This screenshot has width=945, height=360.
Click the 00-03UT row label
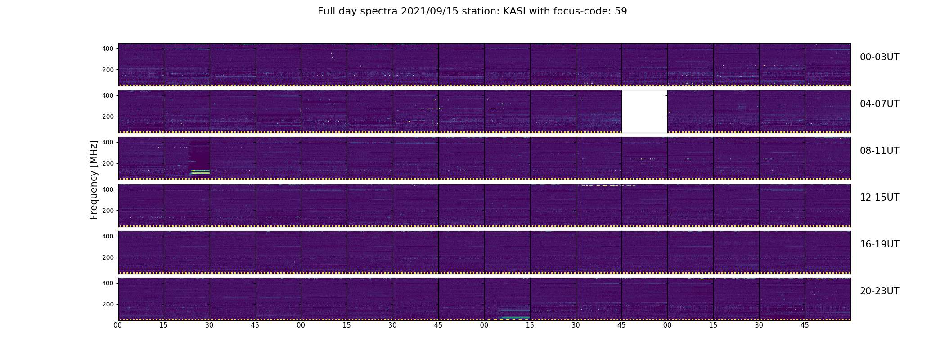pyautogui.click(x=879, y=57)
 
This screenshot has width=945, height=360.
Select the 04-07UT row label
pyautogui.click(x=879, y=104)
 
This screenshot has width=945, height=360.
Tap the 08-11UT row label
pyautogui.click(x=879, y=151)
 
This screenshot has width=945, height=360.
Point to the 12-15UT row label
pyautogui.click(x=879, y=198)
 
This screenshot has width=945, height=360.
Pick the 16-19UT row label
pyautogui.click(x=879, y=244)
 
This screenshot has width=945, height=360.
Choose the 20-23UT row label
pyautogui.click(x=879, y=291)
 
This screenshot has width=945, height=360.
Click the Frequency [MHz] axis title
pyautogui.click(x=94, y=180)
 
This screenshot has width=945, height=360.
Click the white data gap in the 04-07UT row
pyautogui.click(x=644, y=112)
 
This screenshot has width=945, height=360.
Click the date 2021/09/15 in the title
pyautogui.click(x=426, y=11)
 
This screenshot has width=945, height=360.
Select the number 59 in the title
pyautogui.click(x=621, y=11)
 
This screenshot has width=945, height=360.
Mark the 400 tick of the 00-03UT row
pyautogui.click(x=108, y=49)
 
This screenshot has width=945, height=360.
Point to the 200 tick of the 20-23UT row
pyautogui.click(x=108, y=304)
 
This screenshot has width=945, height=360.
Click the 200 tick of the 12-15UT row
pyautogui.click(x=108, y=211)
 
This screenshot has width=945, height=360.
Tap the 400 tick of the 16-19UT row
pyautogui.click(x=108, y=236)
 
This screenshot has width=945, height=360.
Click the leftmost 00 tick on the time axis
pyautogui.click(x=118, y=325)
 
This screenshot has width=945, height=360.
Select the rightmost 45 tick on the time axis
pyautogui.click(x=805, y=325)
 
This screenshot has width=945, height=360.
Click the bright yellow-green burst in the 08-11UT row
pyautogui.click(x=200, y=171)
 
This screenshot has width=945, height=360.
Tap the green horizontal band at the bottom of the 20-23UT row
pyautogui.click(x=516, y=317)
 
